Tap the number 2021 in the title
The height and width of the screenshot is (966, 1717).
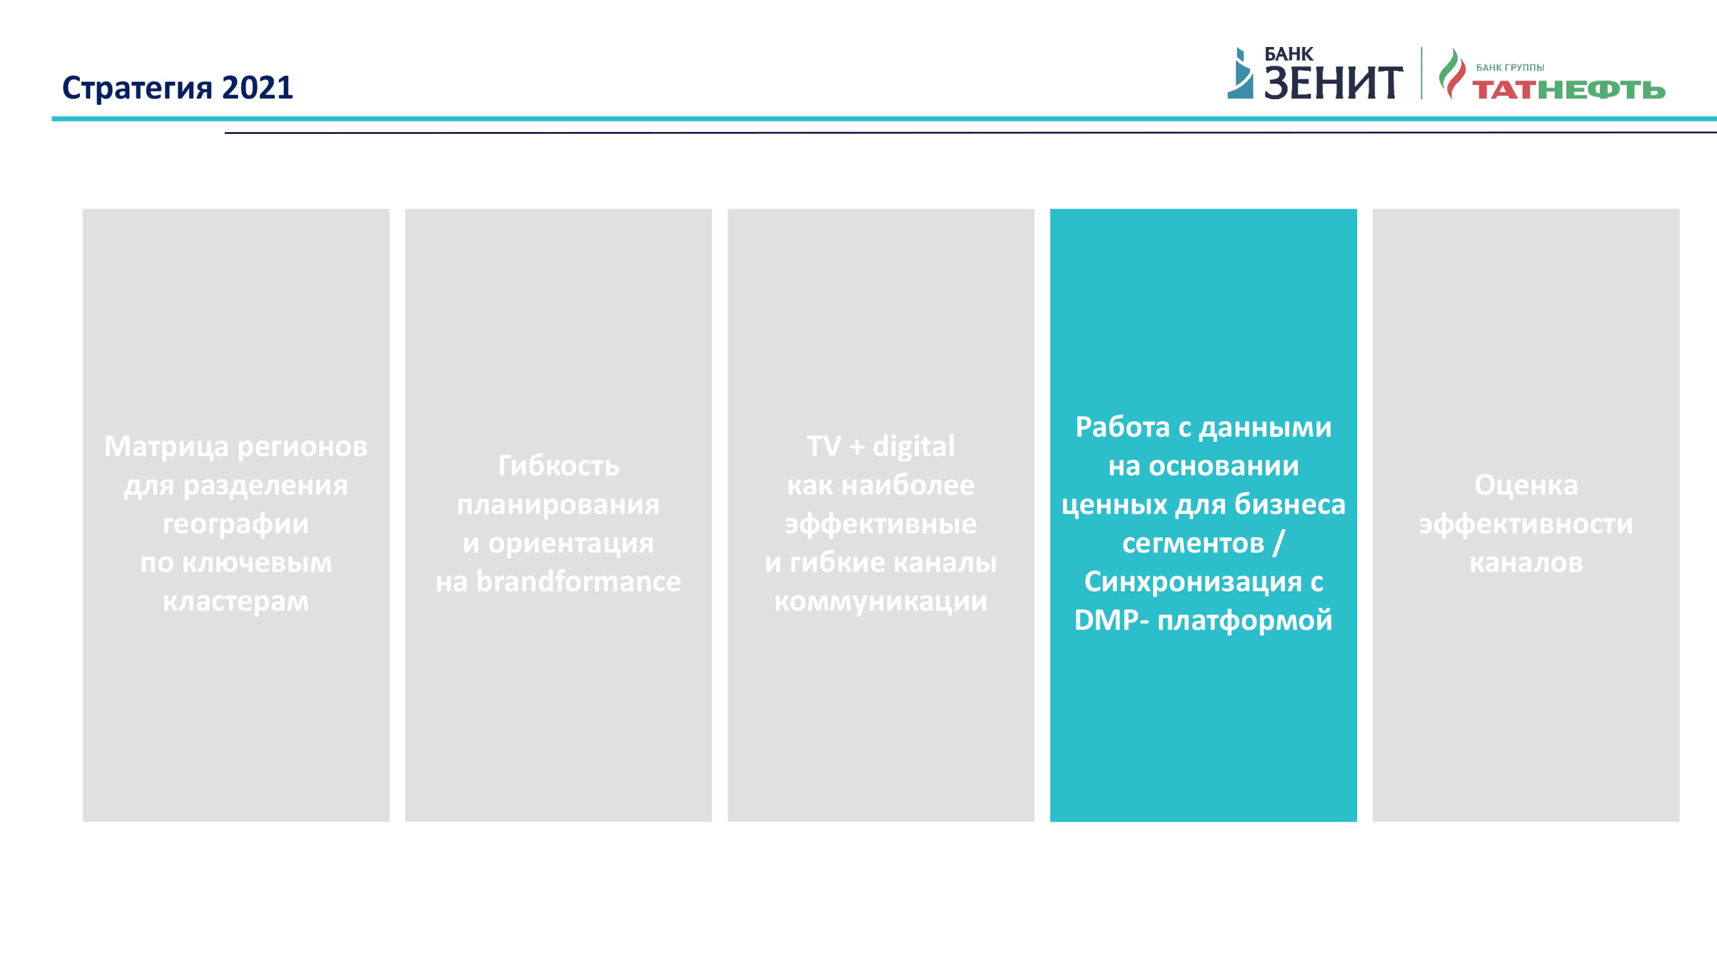click(258, 88)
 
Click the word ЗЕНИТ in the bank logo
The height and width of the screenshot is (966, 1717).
click(1333, 82)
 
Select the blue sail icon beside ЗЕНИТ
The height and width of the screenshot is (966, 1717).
click(1241, 73)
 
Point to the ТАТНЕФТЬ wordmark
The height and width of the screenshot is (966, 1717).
click(1568, 90)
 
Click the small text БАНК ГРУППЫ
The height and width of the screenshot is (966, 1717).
click(1510, 68)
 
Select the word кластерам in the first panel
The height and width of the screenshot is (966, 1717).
click(236, 601)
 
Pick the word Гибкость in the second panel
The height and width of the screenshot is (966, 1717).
click(559, 466)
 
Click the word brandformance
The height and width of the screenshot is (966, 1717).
click(579, 581)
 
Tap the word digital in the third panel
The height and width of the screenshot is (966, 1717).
click(913, 446)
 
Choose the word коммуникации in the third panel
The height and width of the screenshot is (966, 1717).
click(881, 601)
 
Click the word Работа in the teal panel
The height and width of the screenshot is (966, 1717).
click(1122, 427)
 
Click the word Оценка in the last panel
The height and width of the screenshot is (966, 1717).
click(1526, 485)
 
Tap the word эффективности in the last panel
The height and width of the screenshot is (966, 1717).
click(1526, 524)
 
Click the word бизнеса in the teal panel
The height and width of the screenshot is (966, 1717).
click(1290, 504)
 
